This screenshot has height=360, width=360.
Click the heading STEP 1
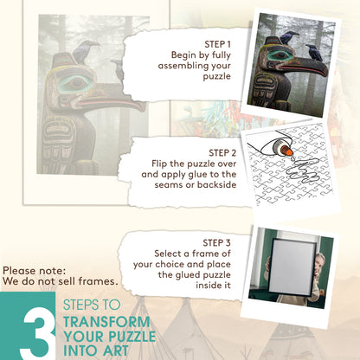217,44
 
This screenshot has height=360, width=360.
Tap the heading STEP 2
222,152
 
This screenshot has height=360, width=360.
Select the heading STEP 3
216,242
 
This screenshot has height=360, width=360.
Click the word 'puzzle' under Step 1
216,76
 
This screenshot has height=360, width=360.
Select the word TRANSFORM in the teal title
106,322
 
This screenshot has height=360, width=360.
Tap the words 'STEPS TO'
92,305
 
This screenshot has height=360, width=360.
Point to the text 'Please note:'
35,271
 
